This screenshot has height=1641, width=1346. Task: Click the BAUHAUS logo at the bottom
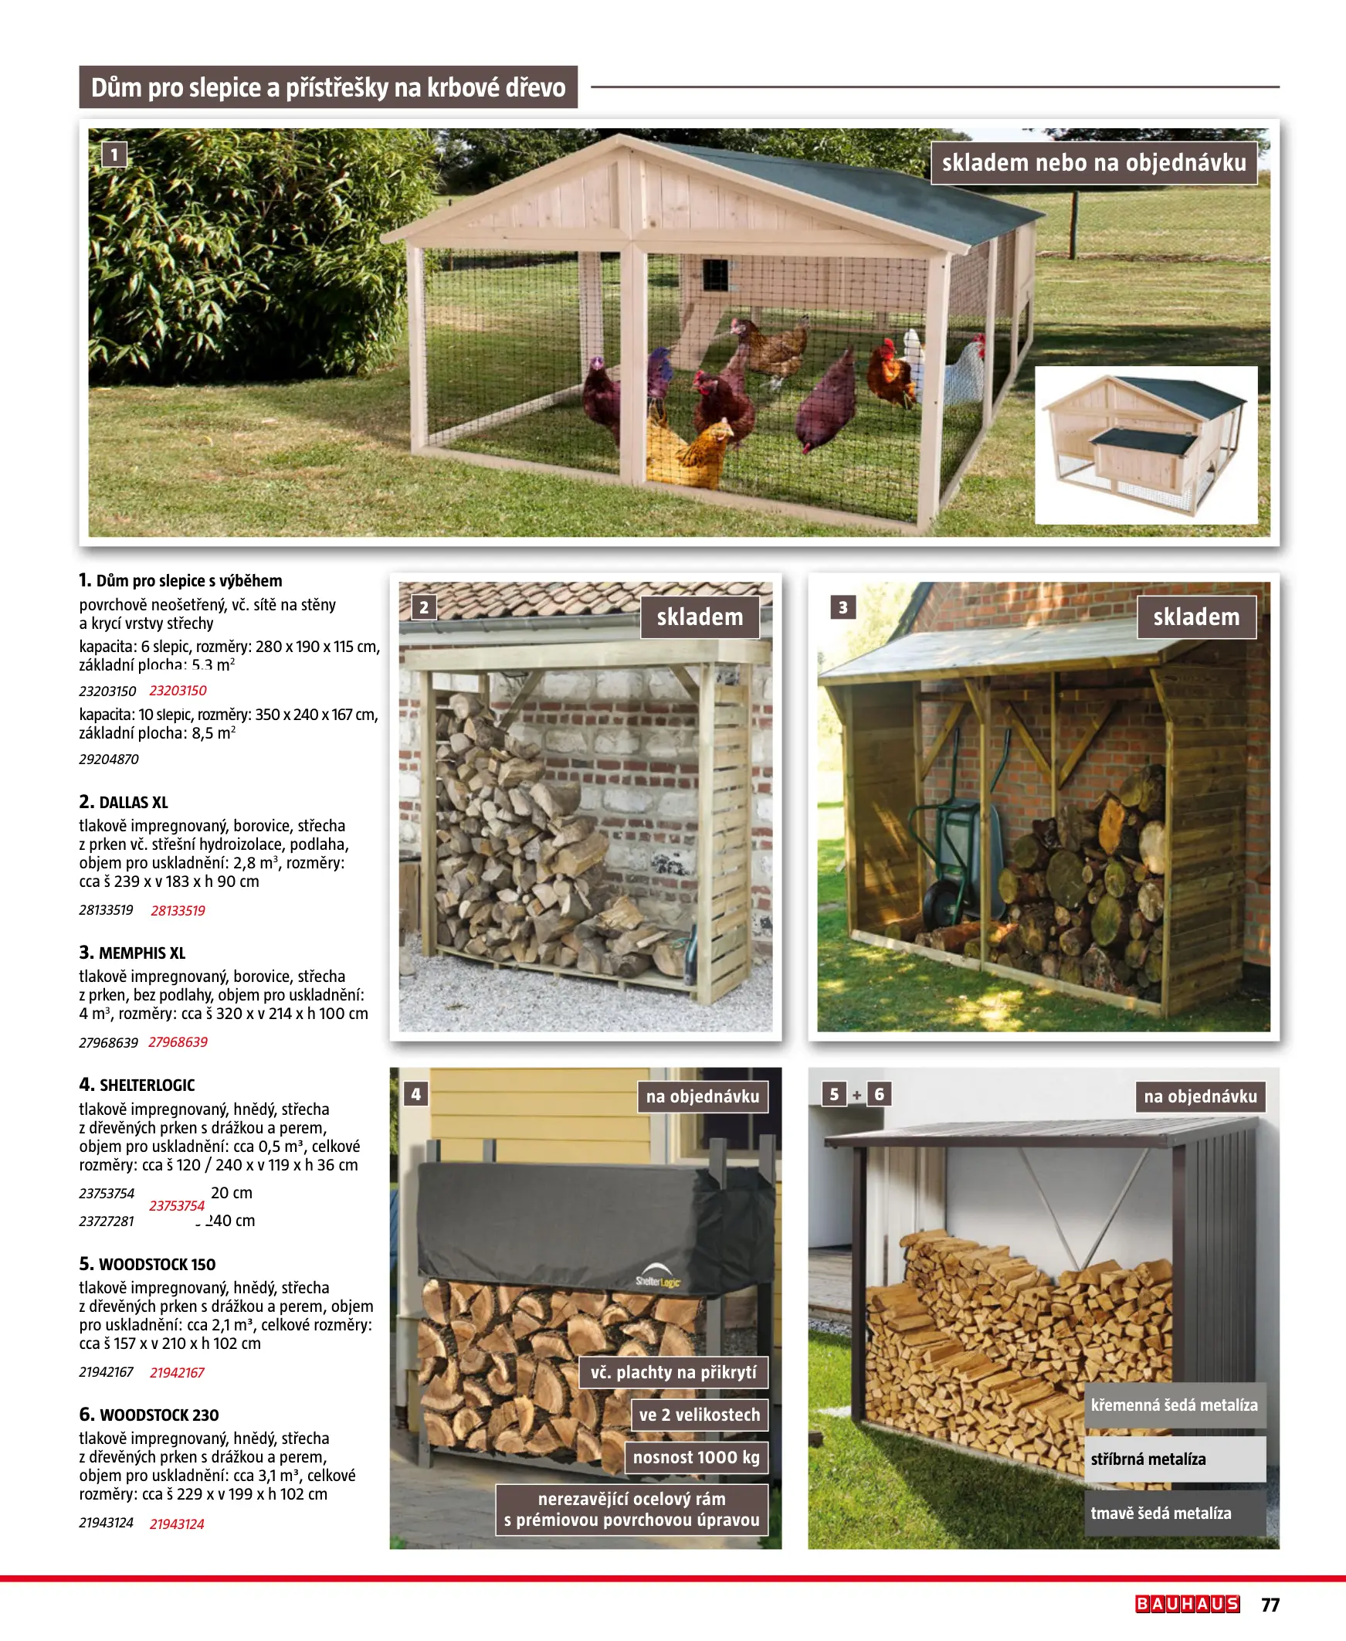click(1187, 1604)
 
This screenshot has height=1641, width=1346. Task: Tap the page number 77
click(1270, 1605)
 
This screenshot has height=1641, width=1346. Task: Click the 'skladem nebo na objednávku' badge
click(1093, 163)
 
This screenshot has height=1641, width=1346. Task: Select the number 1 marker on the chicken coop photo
click(114, 155)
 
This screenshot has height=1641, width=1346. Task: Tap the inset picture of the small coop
click(1145, 444)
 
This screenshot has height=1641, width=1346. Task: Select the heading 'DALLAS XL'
click(134, 802)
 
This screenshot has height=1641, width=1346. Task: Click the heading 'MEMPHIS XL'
click(142, 953)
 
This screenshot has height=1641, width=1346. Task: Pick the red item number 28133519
click(178, 910)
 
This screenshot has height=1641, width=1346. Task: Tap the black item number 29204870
click(109, 759)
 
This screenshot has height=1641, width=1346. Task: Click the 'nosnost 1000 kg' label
click(696, 1457)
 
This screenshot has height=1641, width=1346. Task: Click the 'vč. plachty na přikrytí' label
click(673, 1372)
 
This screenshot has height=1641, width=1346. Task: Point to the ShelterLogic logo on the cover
click(657, 1280)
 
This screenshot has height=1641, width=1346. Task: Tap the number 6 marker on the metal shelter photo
click(879, 1094)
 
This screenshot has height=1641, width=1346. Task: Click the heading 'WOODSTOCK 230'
click(159, 1415)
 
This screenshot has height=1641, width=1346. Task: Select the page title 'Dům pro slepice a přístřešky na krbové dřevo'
click(328, 87)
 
